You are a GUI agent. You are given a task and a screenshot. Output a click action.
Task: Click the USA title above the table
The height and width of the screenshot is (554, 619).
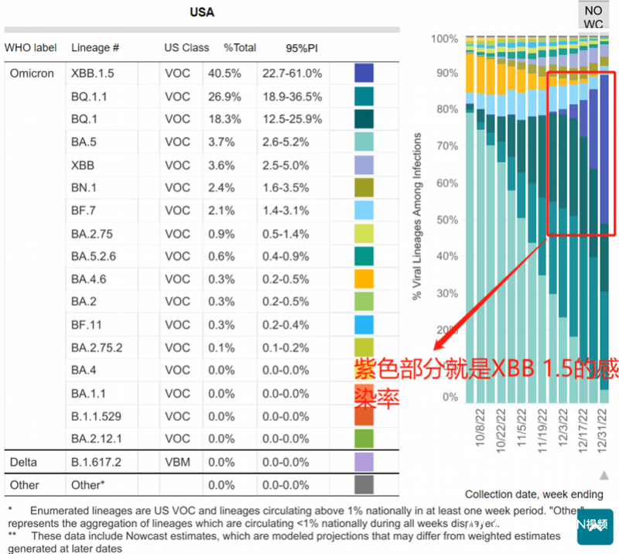tap(202, 12)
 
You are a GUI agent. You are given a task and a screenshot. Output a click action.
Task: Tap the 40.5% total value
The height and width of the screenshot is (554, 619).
tap(224, 74)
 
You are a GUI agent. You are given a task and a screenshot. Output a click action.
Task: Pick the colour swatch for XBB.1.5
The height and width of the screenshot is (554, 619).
tap(364, 74)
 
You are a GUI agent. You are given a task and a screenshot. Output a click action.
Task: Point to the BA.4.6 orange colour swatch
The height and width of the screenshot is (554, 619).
tap(364, 279)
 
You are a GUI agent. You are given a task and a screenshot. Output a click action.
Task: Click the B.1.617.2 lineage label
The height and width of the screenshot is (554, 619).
tap(97, 462)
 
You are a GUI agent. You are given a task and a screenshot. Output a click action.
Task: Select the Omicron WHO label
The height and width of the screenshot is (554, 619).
tap(32, 74)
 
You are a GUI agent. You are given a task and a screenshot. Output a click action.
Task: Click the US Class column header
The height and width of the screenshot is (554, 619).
tap(186, 47)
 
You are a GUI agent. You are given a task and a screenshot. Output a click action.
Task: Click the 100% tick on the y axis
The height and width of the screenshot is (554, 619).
tap(445, 39)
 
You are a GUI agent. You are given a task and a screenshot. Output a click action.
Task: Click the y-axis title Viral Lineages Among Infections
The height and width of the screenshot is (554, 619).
tap(417, 217)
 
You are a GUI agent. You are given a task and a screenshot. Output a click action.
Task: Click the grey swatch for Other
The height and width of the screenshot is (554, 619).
tap(364, 484)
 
